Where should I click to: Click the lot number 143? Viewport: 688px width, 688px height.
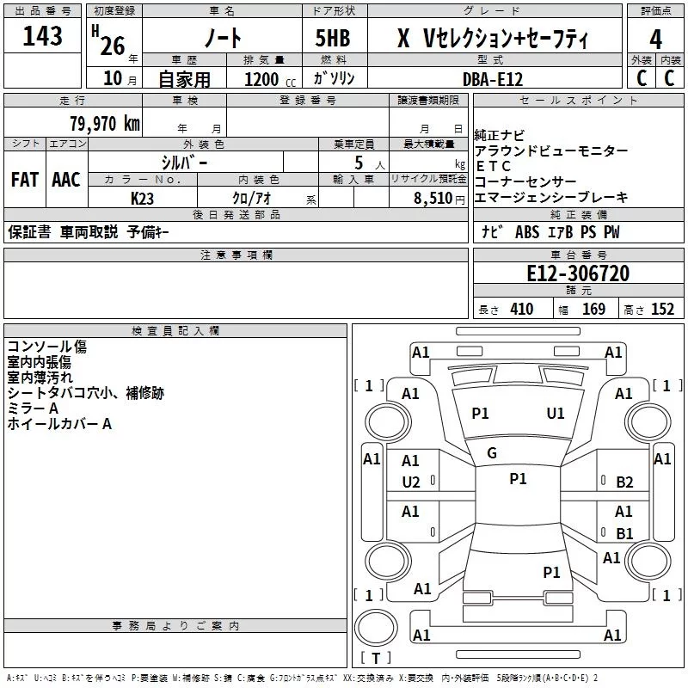click(43, 36)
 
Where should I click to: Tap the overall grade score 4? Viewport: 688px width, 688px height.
click(656, 38)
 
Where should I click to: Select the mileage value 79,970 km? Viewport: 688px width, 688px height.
click(104, 123)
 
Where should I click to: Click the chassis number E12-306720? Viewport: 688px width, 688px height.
click(578, 273)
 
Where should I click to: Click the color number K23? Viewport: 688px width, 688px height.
click(143, 198)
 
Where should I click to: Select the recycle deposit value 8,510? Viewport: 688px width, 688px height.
click(433, 198)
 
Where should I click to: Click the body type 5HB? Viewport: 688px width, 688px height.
click(327, 38)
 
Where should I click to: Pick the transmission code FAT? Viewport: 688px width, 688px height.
click(24, 179)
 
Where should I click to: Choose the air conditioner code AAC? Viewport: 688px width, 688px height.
click(66, 179)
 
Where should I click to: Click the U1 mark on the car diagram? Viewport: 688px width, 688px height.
click(556, 414)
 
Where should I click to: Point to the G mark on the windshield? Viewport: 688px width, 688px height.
click(492, 453)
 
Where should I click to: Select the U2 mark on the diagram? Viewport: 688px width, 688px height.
click(411, 482)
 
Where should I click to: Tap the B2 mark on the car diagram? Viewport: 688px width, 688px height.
click(624, 482)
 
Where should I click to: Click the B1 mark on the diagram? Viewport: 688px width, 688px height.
click(624, 533)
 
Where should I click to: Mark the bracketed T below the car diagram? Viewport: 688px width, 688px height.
click(375, 659)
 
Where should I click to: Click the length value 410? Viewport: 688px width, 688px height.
click(521, 310)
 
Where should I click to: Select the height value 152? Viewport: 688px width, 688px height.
click(662, 310)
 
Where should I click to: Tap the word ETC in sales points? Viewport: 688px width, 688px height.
click(494, 166)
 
